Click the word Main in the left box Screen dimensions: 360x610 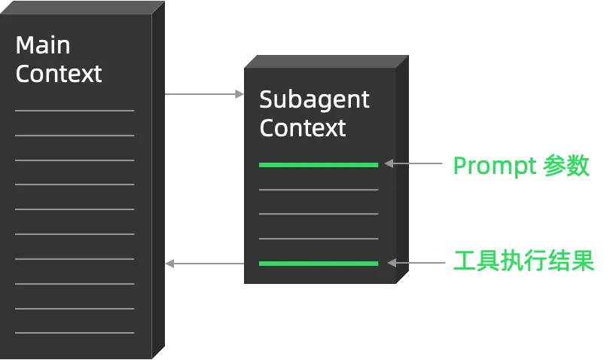click(43, 45)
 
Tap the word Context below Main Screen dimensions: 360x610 click(59, 74)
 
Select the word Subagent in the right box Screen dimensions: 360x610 click(314, 99)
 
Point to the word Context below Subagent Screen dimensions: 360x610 click(303, 127)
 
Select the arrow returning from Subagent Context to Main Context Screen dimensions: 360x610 click(203, 263)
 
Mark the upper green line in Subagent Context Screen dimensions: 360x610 click(318, 164)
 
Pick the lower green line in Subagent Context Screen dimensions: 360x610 click(318, 263)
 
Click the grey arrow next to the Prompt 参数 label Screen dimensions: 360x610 click(414, 163)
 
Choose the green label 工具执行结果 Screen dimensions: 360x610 click(523, 261)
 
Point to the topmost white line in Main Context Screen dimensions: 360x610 click(75, 111)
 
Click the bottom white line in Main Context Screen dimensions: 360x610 click(75, 332)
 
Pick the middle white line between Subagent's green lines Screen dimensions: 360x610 click(318, 214)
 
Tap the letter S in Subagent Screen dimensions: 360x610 click(266, 99)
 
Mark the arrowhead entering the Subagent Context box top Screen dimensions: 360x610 click(239, 93)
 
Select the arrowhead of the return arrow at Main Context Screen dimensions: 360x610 click(170, 263)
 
